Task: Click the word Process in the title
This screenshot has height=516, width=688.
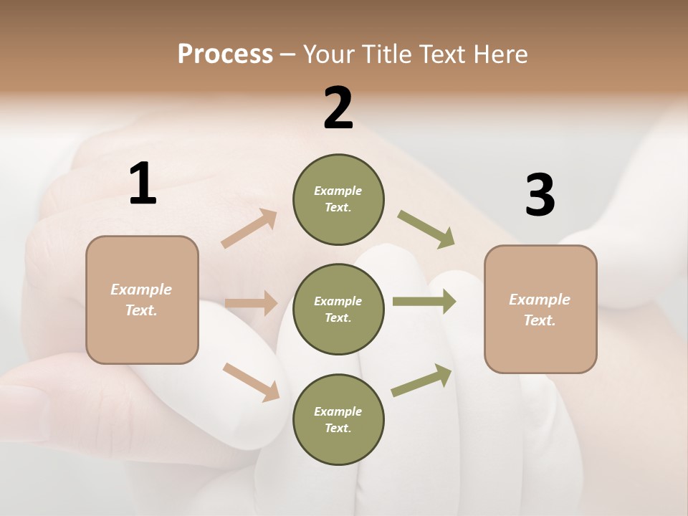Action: coord(225,54)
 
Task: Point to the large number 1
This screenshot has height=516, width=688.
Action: coord(143,184)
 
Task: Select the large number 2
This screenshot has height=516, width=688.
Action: coord(338,109)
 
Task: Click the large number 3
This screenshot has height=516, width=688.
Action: coord(540,195)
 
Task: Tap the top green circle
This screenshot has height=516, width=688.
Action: coord(338,199)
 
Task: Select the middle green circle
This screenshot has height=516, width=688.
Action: coord(338,310)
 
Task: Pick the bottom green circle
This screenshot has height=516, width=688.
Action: coord(338,420)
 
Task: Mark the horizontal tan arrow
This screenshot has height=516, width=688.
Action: coord(251,303)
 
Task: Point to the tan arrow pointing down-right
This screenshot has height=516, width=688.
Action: coord(251,382)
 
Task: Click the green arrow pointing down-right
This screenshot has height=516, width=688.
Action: coord(426,229)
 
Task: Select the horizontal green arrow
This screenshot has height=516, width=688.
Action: coord(424,302)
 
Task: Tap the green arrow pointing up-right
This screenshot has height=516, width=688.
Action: coord(422,380)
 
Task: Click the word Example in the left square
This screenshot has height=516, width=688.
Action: coord(141,290)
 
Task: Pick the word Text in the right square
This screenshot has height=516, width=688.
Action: coord(539,320)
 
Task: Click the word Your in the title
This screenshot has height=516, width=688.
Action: coord(328,54)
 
